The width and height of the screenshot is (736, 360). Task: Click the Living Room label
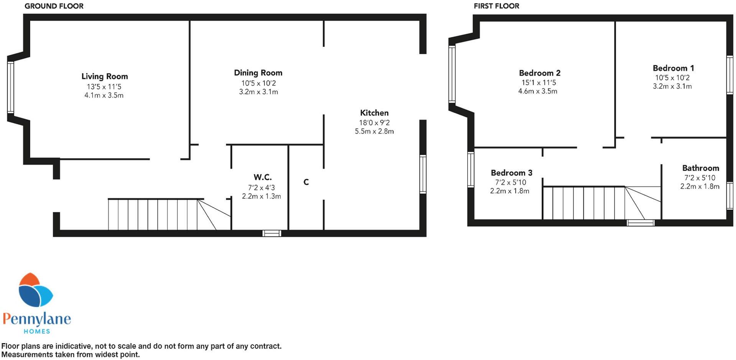tap(104, 76)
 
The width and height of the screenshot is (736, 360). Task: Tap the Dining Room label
tap(258, 73)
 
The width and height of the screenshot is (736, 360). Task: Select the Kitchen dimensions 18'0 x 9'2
tap(374, 123)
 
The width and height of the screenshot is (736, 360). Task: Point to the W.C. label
tap(263, 177)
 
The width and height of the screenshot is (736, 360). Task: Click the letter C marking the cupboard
tap(306, 182)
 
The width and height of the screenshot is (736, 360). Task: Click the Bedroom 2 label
tap(539, 73)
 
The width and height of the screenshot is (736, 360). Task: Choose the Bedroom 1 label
tap(673, 68)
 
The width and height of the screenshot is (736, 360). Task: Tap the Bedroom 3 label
tap(511, 173)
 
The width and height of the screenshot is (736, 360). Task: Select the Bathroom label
tap(700, 168)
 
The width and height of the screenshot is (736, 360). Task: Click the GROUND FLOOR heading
tap(54, 6)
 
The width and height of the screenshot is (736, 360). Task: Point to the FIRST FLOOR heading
tap(496, 6)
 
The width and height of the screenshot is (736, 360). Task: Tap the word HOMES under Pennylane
tap(37, 331)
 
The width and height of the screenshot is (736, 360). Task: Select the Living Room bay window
tap(11, 88)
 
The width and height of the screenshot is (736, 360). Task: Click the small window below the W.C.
tap(272, 233)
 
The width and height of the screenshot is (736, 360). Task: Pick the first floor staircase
tap(590, 203)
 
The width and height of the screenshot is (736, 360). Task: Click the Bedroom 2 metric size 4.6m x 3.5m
tap(537, 91)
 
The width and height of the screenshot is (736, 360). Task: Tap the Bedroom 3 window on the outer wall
tap(471, 169)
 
